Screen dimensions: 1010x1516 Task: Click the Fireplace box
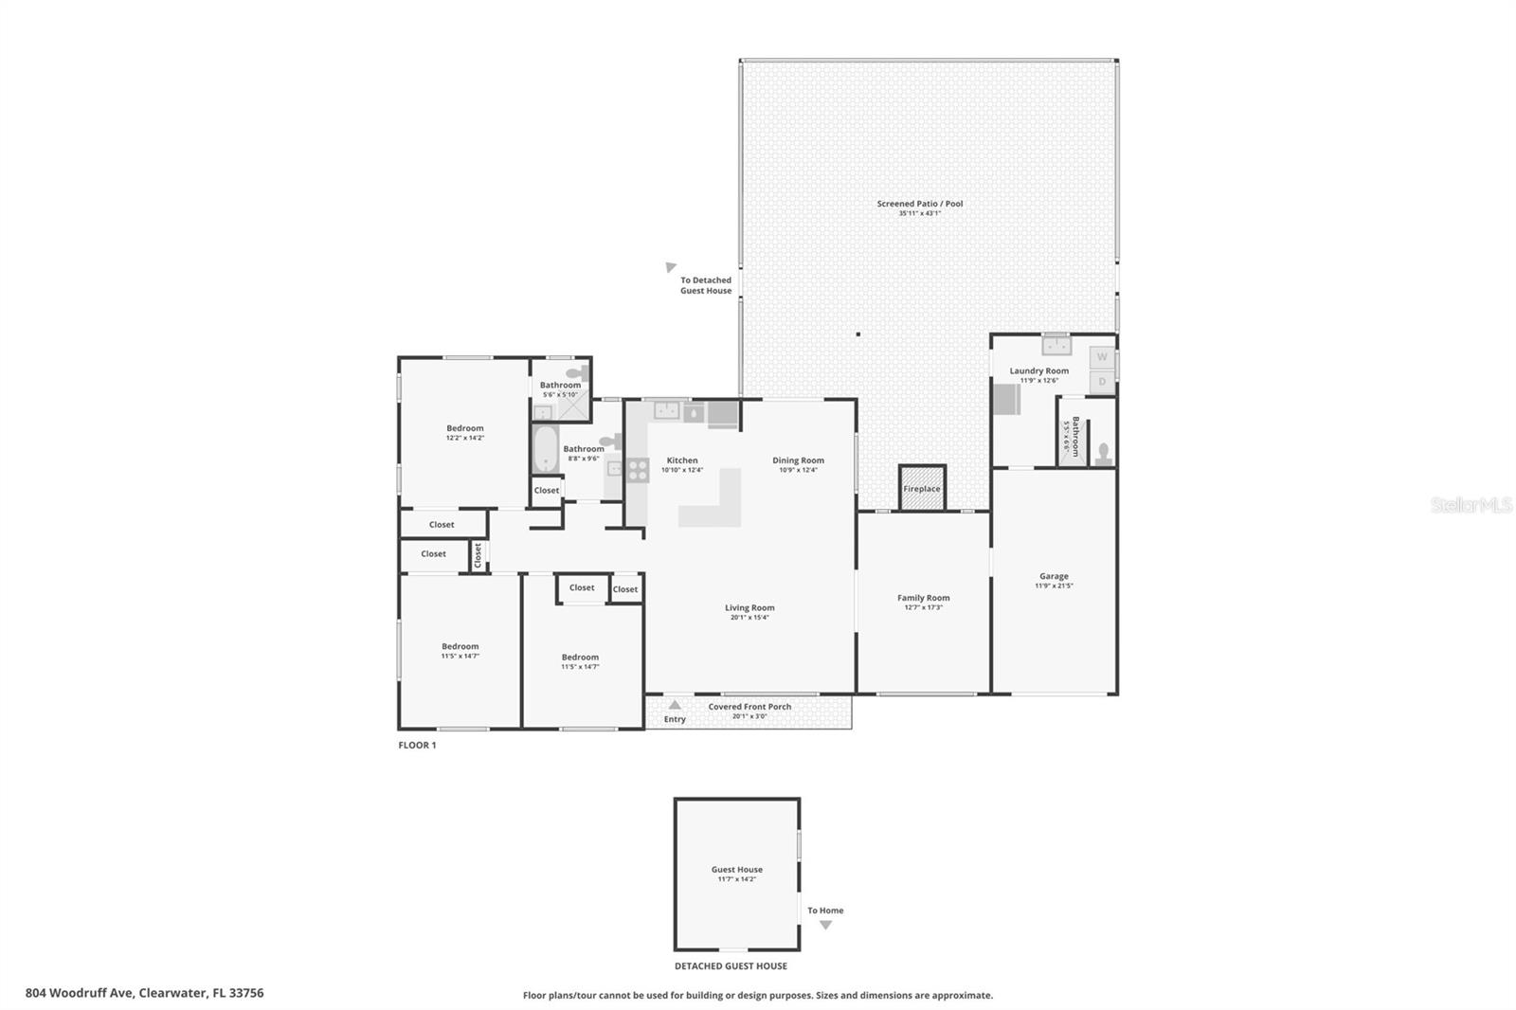(x=922, y=489)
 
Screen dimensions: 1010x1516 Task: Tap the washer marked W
(x=1102, y=357)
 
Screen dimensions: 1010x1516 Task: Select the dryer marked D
(x=1102, y=382)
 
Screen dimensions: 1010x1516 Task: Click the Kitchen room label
(x=681, y=460)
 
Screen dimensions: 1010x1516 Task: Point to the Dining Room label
(x=798, y=460)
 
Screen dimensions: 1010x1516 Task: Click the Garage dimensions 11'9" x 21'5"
(x=1054, y=586)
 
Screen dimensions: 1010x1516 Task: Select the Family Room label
(x=923, y=598)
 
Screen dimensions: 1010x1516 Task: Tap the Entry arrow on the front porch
(x=675, y=705)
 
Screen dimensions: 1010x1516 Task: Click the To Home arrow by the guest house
(x=825, y=925)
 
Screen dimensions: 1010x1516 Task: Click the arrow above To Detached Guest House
(x=671, y=268)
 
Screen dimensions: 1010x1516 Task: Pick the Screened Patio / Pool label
(x=919, y=204)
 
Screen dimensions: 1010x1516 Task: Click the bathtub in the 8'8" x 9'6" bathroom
(x=545, y=449)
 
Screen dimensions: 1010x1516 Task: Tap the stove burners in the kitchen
(x=638, y=470)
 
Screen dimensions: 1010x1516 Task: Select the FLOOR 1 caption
(x=417, y=746)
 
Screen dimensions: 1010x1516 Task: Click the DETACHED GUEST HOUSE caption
(x=731, y=966)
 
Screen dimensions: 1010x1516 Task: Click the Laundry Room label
(x=1038, y=371)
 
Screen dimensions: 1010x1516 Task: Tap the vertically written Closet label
(x=478, y=555)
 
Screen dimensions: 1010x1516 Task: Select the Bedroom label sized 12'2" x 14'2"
(x=464, y=428)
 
